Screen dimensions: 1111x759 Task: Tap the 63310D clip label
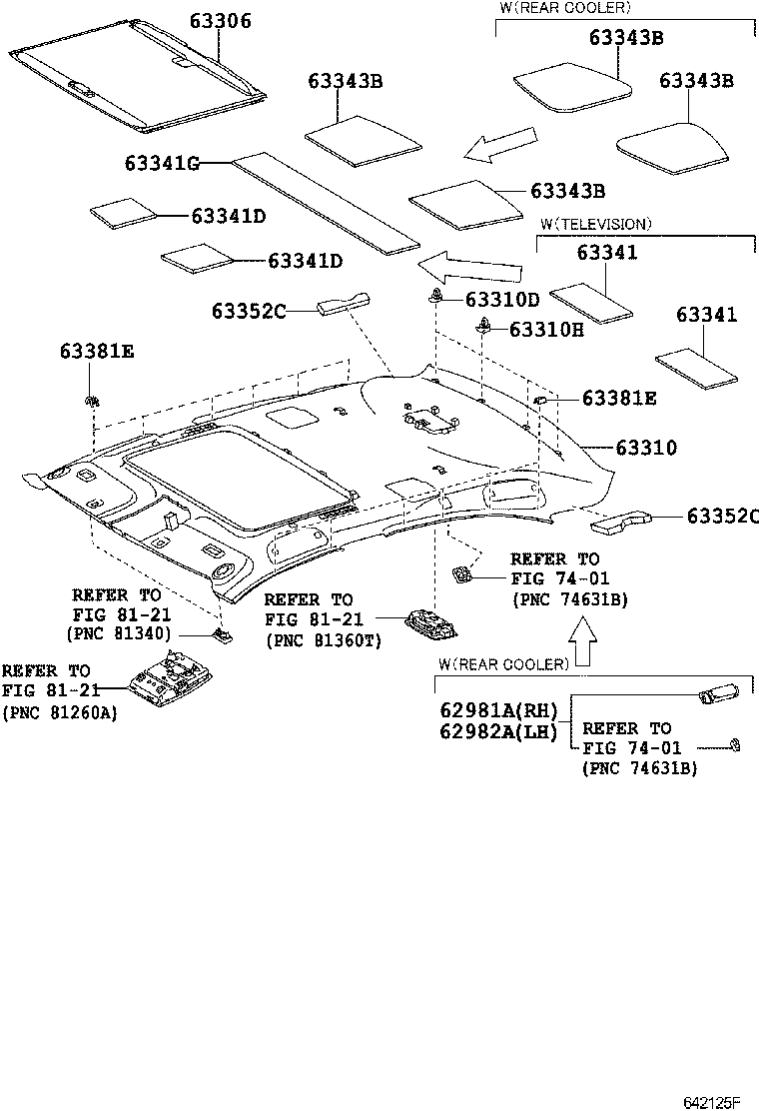[501, 300]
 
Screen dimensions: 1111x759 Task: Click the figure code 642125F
[711, 1102]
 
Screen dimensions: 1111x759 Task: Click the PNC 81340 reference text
[119, 633]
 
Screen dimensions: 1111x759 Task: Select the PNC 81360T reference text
[323, 640]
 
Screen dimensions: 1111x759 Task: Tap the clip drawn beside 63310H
[483, 325]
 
